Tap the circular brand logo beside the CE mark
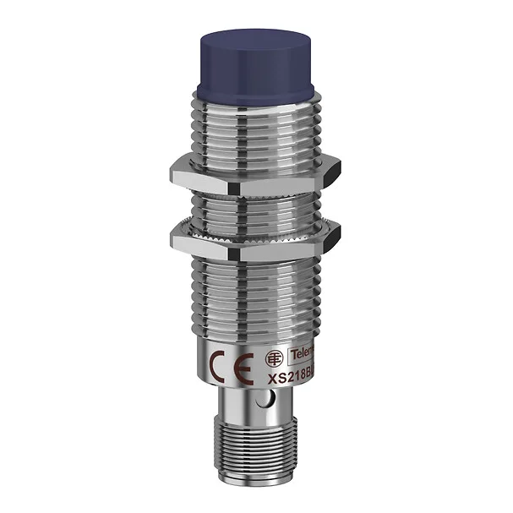coord(273,357)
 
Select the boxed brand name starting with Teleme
coord(300,352)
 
